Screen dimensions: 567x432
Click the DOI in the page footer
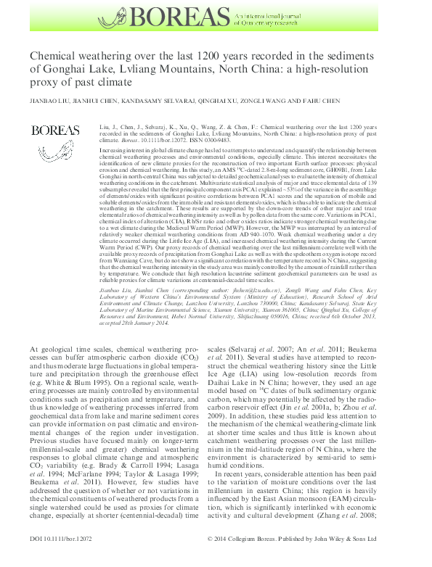pyautogui.click(x=60, y=559)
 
